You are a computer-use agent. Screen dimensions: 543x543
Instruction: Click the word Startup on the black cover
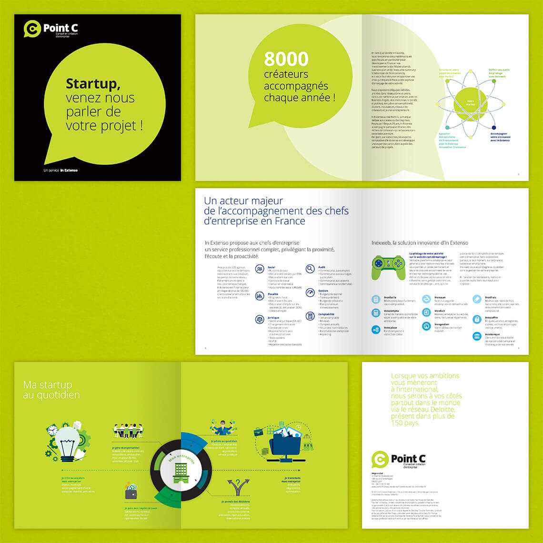pyautogui.click(x=92, y=84)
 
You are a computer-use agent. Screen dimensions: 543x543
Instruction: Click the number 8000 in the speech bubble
pyautogui.click(x=286, y=59)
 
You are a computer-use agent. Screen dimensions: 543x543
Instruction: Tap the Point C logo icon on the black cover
pyautogui.click(x=32, y=29)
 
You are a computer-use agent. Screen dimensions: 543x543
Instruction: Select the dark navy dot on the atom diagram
pyautogui.click(x=493, y=128)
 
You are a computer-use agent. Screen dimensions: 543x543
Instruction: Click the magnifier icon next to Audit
pyautogui.click(x=310, y=269)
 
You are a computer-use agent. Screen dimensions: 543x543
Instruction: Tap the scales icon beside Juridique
pyautogui.click(x=260, y=319)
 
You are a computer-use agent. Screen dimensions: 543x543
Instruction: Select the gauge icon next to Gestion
pyautogui.click(x=310, y=292)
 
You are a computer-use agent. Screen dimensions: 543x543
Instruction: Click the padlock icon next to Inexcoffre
pyautogui.click(x=477, y=320)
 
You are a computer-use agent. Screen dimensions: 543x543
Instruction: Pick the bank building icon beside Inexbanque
pyautogui.click(x=477, y=336)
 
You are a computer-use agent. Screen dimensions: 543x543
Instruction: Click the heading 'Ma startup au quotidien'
pyautogui.click(x=51, y=390)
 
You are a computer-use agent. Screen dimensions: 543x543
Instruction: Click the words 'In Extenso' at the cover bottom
pyautogui.click(x=69, y=170)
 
